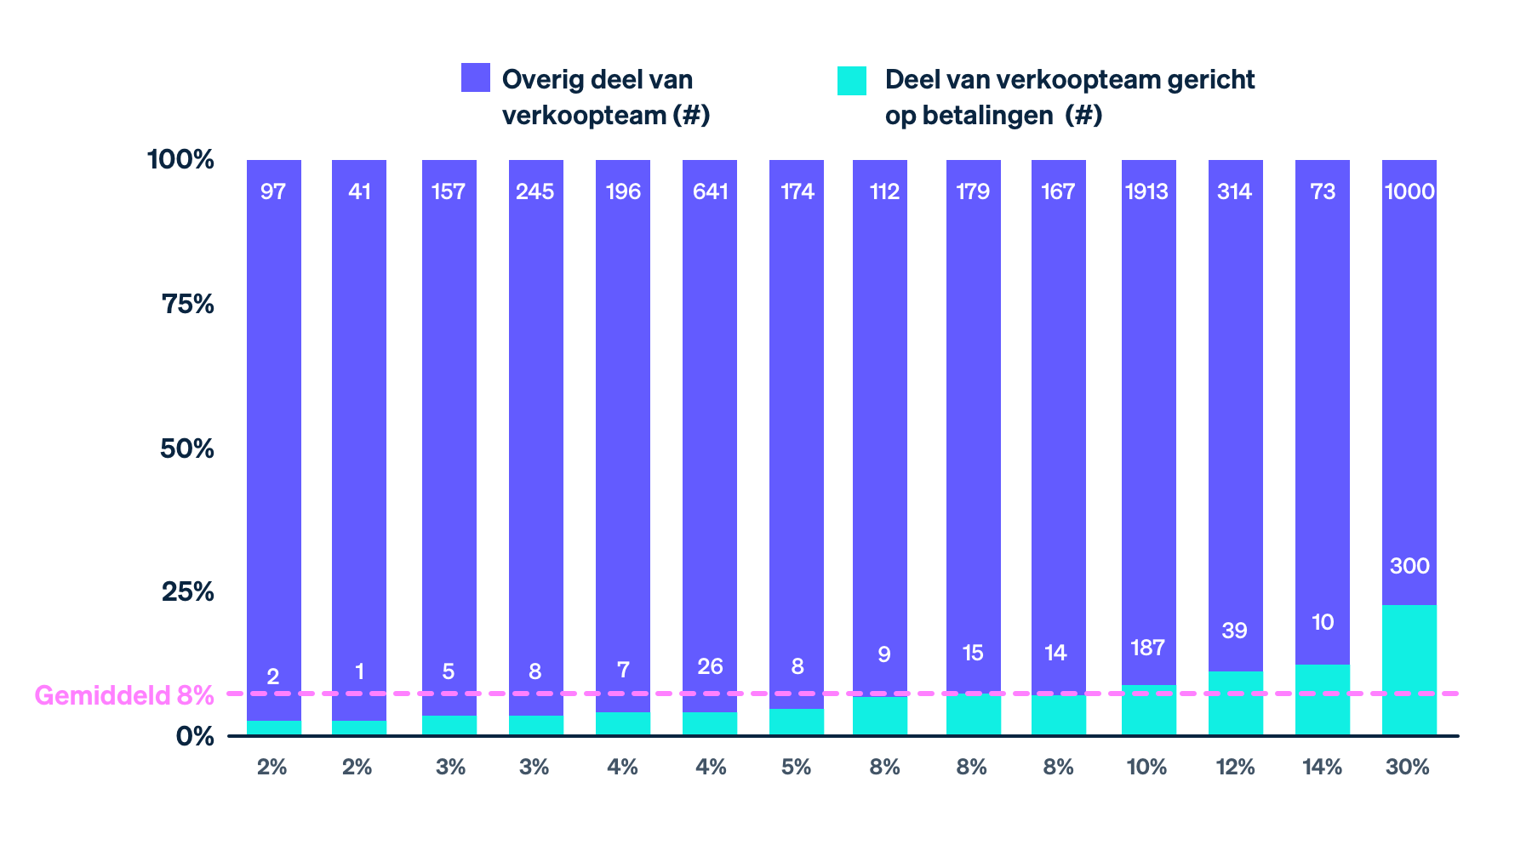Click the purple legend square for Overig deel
point(475,77)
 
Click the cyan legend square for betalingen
point(851,81)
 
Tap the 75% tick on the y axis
point(187,304)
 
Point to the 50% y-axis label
point(187,448)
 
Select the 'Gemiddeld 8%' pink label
point(124,695)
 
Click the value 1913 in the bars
point(1146,191)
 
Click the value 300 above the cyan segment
point(1409,566)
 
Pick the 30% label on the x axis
point(1407,768)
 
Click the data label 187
point(1146,648)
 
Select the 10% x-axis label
point(1146,768)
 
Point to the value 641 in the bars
point(710,191)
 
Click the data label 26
point(710,666)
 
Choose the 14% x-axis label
point(1322,768)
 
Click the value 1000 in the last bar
point(1409,191)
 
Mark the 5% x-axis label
point(796,768)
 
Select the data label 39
point(1234,631)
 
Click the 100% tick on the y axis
point(180,159)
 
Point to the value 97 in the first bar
point(273,191)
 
